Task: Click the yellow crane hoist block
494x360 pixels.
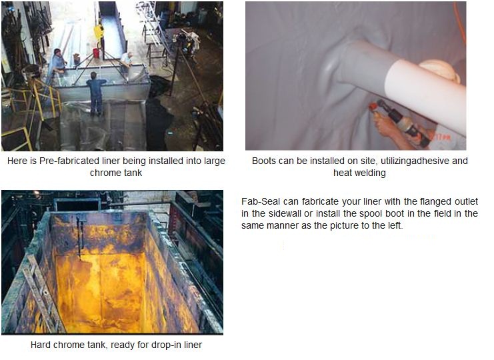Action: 99,32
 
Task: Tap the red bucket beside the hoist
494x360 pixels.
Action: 96,53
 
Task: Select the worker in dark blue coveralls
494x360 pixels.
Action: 96,93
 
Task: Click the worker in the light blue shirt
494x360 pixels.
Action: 59,62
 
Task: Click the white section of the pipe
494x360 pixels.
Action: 425,95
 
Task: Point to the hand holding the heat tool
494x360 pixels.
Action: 387,126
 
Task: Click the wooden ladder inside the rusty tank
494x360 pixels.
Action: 43,295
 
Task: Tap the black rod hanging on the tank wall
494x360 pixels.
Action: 80,237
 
